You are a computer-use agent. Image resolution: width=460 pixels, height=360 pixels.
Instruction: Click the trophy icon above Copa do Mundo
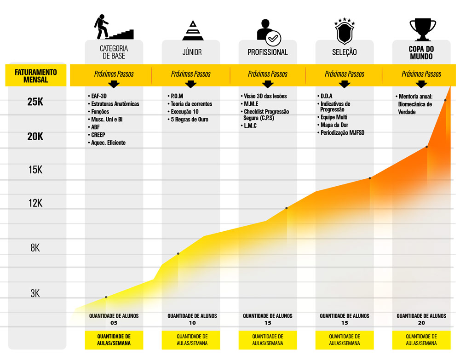tap(422, 29)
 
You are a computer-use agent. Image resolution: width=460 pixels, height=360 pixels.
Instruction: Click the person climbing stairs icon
tap(113, 28)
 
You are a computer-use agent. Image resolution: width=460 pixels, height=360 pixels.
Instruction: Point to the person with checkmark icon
tap(269, 31)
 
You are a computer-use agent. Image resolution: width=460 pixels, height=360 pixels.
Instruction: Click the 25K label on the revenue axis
tap(35, 102)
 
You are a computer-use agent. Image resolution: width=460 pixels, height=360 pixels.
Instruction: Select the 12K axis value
tap(35, 203)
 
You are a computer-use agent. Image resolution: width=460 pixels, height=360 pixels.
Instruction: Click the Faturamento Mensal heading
tap(36, 76)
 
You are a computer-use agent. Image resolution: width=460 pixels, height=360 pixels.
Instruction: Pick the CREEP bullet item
tap(98, 135)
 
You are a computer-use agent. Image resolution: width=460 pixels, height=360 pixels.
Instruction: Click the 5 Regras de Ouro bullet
tap(189, 120)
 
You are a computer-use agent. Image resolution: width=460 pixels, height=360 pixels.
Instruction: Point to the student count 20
tap(421, 323)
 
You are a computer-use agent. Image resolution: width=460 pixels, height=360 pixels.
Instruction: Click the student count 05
tap(114, 323)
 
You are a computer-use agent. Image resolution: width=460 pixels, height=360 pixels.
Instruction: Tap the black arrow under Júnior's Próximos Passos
tap(191, 84)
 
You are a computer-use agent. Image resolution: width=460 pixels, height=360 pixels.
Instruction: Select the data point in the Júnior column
tap(178, 254)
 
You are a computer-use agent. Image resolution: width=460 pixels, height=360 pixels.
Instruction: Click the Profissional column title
tap(268, 52)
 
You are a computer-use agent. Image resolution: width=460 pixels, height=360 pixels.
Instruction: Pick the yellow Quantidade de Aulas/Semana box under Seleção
tap(345, 340)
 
